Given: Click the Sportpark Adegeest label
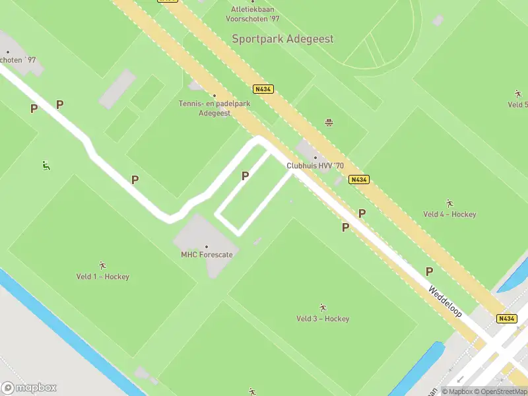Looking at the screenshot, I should (x=282, y=39).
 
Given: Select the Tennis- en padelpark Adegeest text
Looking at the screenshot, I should (x=214, y=108).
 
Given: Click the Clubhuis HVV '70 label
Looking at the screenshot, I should (x=315, y=166).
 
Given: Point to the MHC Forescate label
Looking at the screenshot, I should (x=207, y=254).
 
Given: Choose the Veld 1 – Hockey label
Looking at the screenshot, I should (x=103, y=277).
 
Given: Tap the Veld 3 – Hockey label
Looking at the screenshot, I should (x=323, y=319).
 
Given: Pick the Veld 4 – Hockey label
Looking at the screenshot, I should (x=449, y=214).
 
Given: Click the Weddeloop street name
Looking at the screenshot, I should (x=445, y=301).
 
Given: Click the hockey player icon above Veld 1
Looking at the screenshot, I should (x=102, y=265).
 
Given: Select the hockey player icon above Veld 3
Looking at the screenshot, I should (x=323, y=308).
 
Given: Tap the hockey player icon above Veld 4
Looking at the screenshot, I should (x=449, y=203).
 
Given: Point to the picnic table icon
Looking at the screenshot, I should (x=328, y=122).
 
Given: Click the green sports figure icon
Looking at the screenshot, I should (x=46, y=166).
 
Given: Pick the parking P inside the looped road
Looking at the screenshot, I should (x=246, y=176).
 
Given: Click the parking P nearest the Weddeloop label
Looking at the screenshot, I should (x=429, y=271).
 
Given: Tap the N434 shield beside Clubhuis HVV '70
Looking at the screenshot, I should (x=359, y=180).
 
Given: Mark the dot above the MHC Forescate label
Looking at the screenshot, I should (x=207, y=246).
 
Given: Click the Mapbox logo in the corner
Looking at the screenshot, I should (x=29, y=388).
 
